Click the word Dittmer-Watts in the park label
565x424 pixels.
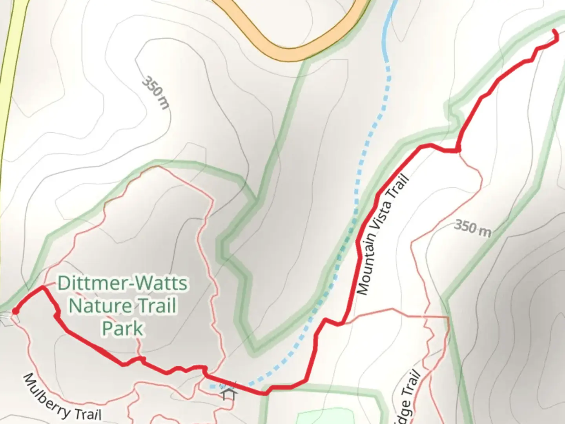click(122, 283)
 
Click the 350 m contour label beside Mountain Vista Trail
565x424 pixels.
click(472, 228)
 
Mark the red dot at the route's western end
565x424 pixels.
click(15, 311)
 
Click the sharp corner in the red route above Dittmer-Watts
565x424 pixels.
click(42, 288)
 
